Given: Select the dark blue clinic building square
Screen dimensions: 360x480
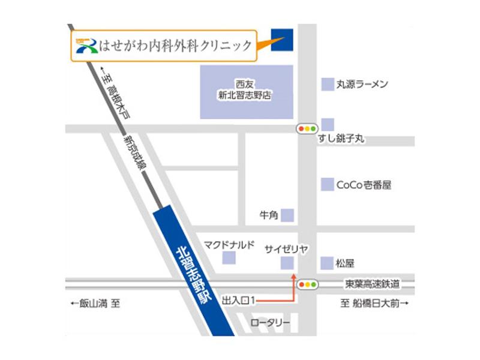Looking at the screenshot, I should coord(281,39).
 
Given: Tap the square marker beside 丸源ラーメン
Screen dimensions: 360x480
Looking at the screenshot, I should coord(328,85).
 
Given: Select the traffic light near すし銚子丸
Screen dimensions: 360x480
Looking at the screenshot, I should coord(307,128).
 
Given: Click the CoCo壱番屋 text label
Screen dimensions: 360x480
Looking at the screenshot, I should coord(364,185).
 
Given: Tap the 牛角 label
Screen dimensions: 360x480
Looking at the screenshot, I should coord(268,214).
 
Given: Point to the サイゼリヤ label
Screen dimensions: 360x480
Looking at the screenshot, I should coord(286,248).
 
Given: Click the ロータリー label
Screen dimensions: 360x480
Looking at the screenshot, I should coord(270,323).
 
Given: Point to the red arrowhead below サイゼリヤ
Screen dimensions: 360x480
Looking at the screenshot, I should coord(293,276).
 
